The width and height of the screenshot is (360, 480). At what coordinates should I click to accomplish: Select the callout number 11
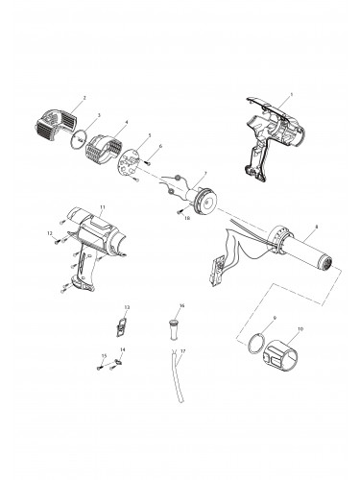pyautogui.click(x=103, y=207)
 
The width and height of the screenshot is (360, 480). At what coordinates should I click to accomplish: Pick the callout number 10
pyautogui.click(x=300, y=329)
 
